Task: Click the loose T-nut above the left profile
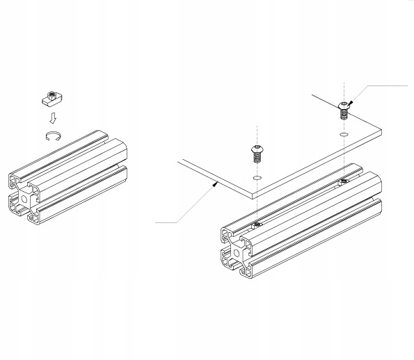tap(51, 97)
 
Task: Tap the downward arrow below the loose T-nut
tap(51, 117)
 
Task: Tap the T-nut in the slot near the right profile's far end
tap(344, 183)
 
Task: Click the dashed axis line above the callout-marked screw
tap(344, 90)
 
